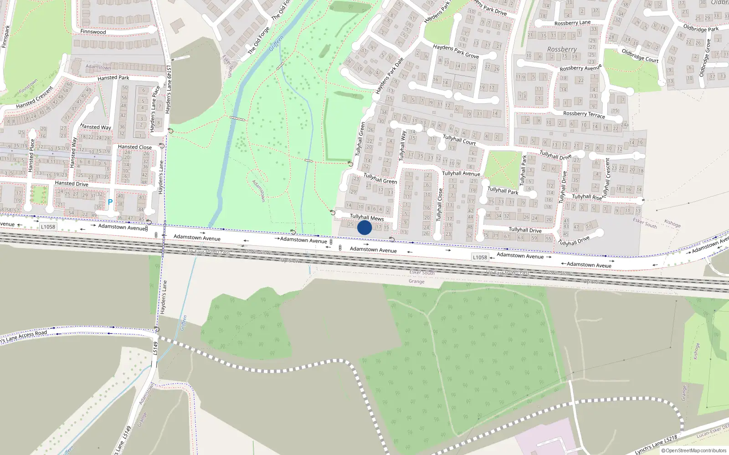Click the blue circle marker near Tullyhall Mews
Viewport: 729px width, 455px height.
coord(364,227)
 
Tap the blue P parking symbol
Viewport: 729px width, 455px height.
coord(110,202)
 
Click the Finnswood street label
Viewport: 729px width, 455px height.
coord(93,32)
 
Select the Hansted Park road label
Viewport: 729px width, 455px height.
coord(113,78)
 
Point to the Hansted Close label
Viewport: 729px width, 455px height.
coord(135,147)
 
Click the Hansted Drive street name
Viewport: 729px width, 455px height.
coord(72,183)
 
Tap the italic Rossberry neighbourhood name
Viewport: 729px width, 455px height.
coord(562,49)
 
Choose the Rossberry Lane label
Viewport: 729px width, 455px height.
coord(572,23)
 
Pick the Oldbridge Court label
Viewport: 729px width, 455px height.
coord(640,56)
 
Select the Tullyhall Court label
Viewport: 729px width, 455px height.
coord(459,140)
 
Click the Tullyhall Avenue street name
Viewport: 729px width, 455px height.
coord(461,173)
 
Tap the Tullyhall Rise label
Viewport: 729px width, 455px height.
coord(587,197)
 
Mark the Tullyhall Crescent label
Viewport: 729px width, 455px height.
coord(606,176)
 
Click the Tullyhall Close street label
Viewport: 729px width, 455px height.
coord(440,205)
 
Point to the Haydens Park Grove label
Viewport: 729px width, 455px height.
coord(456,51)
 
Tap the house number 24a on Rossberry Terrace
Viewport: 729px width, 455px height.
coord(624,125)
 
